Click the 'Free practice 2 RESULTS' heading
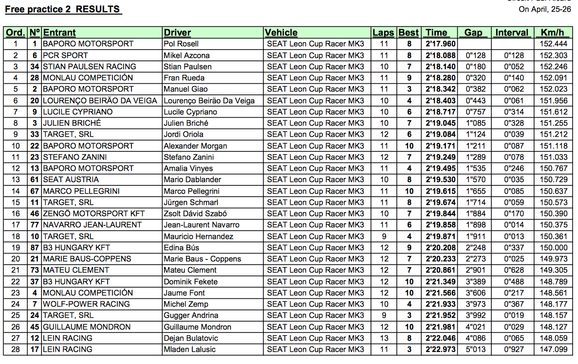[63, 9]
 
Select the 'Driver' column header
[177, 33]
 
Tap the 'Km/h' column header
[552, 33]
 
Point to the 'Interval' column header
[511, 33]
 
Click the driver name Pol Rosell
[181, 44]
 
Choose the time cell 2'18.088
[439, 55]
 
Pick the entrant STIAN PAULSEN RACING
[90, 67]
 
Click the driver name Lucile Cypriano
[190, 112]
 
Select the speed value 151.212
[554, 134]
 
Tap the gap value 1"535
[476, 168]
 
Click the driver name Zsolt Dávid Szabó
[195, 214]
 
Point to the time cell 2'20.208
[439, 248]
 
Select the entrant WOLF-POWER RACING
[86, 304]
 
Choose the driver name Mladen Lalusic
[189, 349]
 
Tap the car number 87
[35, 248]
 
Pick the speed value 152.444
[554, 44]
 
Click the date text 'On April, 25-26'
[545, 9]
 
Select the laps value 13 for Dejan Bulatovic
[384, 338]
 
